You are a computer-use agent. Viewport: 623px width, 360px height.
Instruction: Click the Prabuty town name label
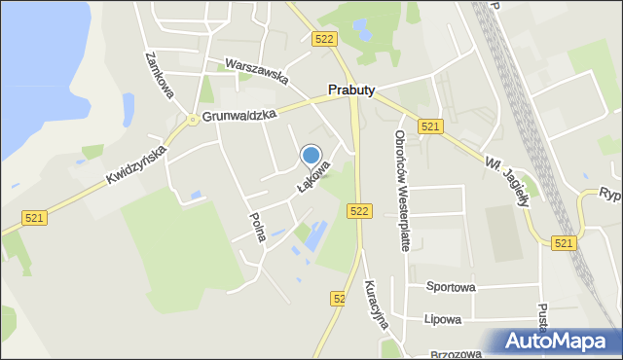click(350, 90)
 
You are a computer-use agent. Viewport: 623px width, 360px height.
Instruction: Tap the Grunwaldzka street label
click(239, 115)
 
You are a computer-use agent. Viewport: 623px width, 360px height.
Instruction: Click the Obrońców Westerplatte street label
click(401, 191)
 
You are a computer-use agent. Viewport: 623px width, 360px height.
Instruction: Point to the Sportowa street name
click(450, 287)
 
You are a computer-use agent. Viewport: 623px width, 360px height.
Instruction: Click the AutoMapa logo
click(560, 342)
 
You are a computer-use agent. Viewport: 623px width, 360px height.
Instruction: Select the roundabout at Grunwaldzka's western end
click(194, 120)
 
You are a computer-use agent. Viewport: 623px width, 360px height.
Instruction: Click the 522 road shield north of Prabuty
click(325, 38)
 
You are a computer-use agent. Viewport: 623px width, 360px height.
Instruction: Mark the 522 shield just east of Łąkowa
click(359, 211)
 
